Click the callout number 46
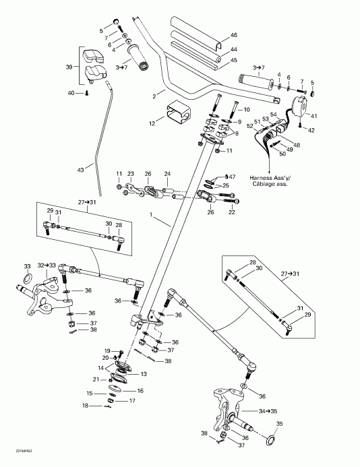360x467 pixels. tap(234, 35)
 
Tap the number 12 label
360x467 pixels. tap(152, 123)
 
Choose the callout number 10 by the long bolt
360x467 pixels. tap(246, 109)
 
